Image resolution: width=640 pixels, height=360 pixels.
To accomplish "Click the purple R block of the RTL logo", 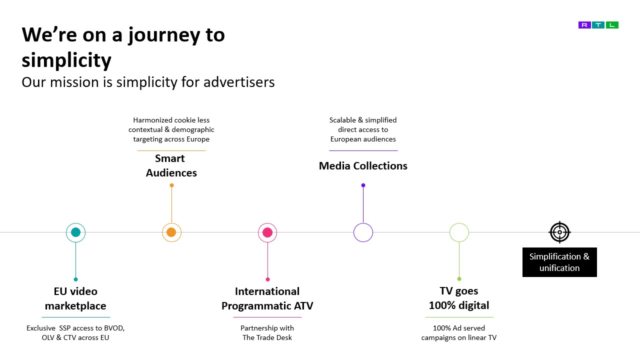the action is coord(584,25).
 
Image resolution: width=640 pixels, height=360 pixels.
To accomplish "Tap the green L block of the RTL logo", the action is coord(612,25).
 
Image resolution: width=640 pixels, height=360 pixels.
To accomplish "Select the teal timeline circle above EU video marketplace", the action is coord(75,232).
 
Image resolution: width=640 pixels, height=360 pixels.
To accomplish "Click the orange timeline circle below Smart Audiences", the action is coord(171,232).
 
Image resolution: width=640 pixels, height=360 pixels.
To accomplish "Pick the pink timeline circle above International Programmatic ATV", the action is coord(267,232).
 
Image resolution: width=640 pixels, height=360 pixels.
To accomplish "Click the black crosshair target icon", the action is coord(559,232).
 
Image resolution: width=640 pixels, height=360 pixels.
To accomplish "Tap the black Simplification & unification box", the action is coord(559,262).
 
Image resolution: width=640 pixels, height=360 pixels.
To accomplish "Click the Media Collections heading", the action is coord(363,166).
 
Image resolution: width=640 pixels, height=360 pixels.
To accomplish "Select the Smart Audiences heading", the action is coord(171,165).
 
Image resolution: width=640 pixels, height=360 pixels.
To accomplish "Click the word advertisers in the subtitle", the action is coord(239,82).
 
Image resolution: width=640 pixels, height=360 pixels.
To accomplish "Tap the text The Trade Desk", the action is coord(267,337).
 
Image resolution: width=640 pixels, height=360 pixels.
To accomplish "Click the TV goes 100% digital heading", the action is coord(459,298).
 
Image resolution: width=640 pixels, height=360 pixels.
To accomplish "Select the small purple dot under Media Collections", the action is coord(363,185).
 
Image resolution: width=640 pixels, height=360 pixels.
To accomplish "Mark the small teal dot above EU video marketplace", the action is coord(75,279).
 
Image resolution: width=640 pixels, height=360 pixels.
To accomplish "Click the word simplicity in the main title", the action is coord(66,60).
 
